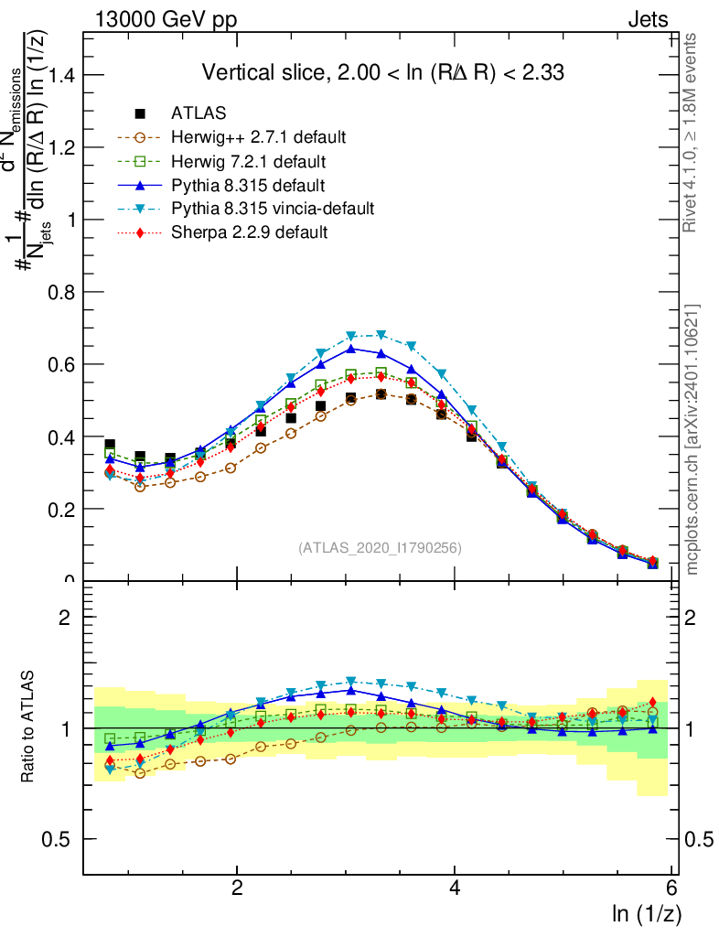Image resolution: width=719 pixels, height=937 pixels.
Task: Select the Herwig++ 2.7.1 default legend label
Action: [x=258, y=137]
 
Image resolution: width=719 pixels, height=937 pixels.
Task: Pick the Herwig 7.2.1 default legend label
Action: [x=248, y=161]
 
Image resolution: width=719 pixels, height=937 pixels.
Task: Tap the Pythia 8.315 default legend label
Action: [x=248, y=185]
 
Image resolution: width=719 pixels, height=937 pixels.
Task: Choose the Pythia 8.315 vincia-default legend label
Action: [x=273, y=209]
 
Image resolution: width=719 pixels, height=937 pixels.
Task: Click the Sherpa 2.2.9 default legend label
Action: [x=249, y=232]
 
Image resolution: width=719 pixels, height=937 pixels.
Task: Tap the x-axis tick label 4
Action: [x=455, y=888]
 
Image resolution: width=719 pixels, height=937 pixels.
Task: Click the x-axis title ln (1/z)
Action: [x=647, y=913]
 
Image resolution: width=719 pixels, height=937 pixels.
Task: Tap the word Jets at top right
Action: [x=647, y=18]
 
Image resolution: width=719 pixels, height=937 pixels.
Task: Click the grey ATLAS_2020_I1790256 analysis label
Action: [x=379, y=548]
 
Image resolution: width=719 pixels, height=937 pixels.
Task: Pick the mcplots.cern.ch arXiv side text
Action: [x=692, y=439]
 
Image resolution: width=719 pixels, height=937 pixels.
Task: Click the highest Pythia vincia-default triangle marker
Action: [x=381, y=335]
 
